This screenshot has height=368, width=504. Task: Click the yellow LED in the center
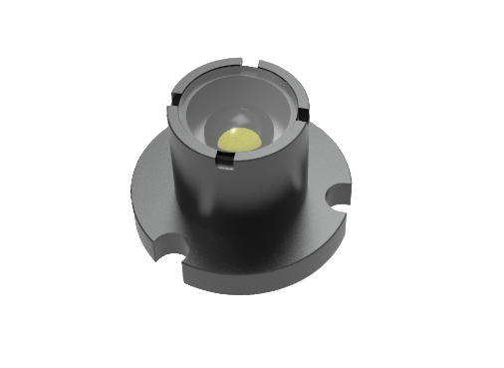tap(239, 139)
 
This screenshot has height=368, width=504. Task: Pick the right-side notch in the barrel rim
tap(304, 106)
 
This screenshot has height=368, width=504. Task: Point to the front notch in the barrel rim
tap(221, 154)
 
